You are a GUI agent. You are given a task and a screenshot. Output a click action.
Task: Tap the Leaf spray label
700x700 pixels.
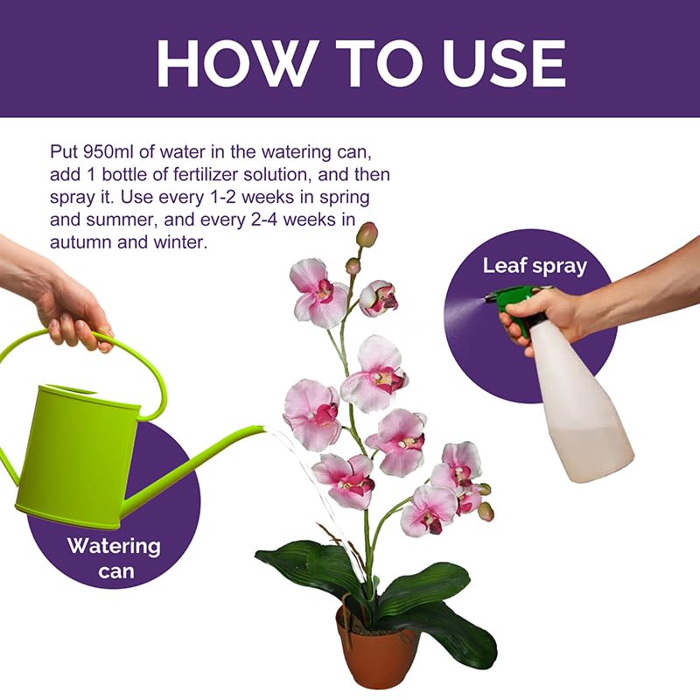(x=535, y=266)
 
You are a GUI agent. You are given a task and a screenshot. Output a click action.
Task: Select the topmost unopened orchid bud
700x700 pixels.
(x=367, y=234)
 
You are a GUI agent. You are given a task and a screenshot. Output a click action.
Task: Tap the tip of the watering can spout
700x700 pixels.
(x=260, y=429)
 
